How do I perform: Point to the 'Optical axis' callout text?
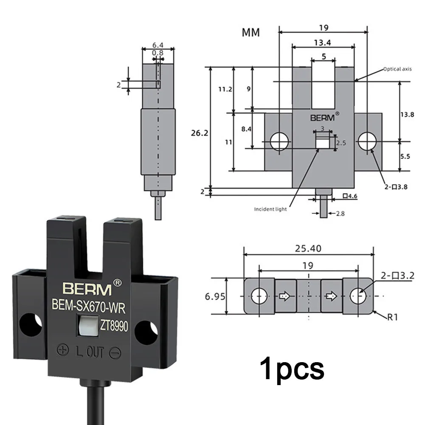(397, 69)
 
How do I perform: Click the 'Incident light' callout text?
(270, 209)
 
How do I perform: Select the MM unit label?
(251, 33)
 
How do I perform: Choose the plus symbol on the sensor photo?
(63, 350)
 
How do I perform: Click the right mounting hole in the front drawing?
(366, 141)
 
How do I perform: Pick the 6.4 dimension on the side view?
(158, 44)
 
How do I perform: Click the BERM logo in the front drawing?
(322, 117)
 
